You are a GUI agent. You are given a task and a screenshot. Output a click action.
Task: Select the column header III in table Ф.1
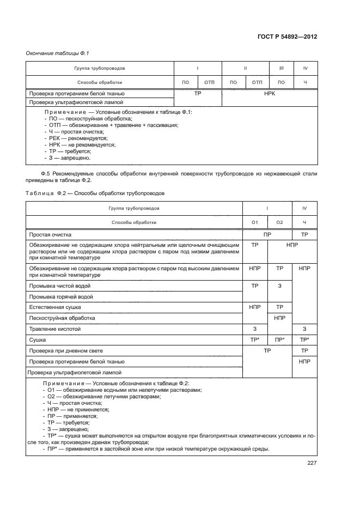click(281, 69)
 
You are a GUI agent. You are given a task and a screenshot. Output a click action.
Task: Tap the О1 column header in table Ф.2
click(254, 222)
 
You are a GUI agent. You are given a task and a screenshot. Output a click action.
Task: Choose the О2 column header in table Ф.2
click(280, 222)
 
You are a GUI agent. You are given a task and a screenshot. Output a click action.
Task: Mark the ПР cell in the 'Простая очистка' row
click(267, 235)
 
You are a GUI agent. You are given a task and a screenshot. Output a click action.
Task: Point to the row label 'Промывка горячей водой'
click(61, 297)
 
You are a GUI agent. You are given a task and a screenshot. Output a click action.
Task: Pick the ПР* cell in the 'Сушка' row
click(280, 340)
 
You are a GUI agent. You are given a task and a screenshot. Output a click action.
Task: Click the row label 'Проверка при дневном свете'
click(66, 351)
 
